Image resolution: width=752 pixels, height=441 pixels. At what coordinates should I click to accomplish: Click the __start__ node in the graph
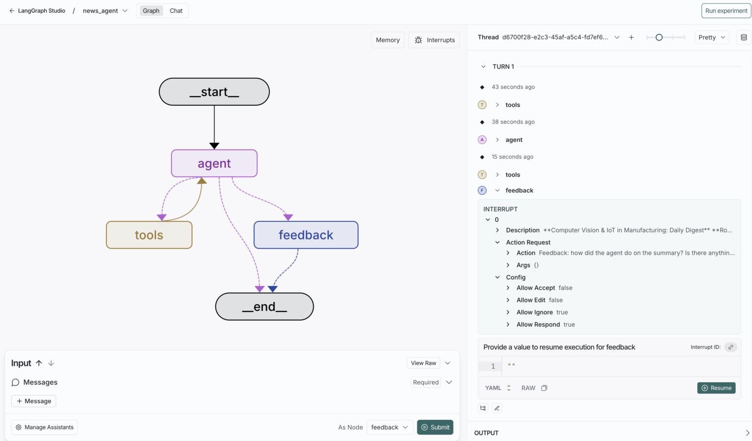point(214,92)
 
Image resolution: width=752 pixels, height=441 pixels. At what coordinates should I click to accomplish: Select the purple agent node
point(214,163)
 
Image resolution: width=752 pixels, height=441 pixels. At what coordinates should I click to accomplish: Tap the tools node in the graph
point(149,235)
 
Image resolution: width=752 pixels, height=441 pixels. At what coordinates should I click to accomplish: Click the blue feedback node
point(305,235)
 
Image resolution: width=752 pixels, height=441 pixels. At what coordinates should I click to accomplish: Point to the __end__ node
point(264,307)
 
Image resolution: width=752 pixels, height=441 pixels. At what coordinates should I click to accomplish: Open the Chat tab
point(176,11)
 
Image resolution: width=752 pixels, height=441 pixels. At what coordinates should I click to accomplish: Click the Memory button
point(388,40)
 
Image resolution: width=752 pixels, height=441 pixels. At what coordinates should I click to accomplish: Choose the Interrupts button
point(434,40)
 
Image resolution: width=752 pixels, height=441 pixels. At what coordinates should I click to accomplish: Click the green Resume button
point(716,388)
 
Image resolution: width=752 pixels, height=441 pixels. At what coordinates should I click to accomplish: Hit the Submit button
point(435,427)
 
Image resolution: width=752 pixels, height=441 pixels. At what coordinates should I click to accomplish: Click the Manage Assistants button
point(45,427)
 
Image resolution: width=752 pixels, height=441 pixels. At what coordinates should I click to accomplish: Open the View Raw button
point(423,363)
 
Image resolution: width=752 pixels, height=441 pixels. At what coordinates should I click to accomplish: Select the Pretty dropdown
point(711,37)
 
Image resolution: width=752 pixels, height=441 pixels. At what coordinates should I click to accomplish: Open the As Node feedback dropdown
point(389,427)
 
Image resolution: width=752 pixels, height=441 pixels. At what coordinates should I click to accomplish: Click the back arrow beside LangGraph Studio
point(12,11)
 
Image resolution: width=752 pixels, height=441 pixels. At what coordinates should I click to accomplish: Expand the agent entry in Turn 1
point(514,140)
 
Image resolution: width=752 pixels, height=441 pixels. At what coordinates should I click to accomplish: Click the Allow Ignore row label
point(535,312)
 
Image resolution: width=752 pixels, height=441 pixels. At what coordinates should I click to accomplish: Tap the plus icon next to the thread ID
point(632,37)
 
